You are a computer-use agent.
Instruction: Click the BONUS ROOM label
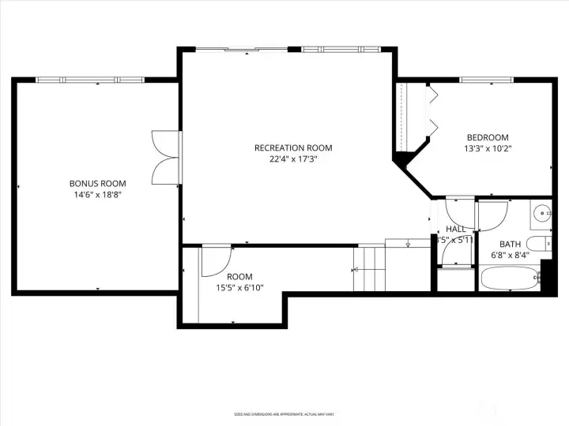click(x=97, y=183)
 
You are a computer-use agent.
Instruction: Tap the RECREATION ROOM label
click(x=293, y=148)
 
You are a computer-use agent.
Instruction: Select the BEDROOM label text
click(x=488, y=136)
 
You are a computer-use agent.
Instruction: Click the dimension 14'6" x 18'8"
click(x=97, y=194)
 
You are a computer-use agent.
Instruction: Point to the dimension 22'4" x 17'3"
click(x=293, y=159)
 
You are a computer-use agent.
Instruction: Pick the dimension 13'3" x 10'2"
click(x=488, y=148)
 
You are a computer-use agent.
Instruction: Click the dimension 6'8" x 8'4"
click(x=510, y=255)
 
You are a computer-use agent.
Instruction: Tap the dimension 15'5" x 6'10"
click(x=239, y=287)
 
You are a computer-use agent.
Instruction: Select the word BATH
click(x=510, y=244)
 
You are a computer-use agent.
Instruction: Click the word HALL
click(x=456, y=229)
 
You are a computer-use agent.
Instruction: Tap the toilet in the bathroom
click(x=541, y=245)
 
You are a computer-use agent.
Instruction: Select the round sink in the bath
click(x=541, y=212)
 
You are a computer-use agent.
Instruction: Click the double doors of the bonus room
click(x=166, y=159)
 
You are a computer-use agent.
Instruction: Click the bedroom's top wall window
click(x=487, y=80)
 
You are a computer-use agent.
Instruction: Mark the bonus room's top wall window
click(x=91, y=80)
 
